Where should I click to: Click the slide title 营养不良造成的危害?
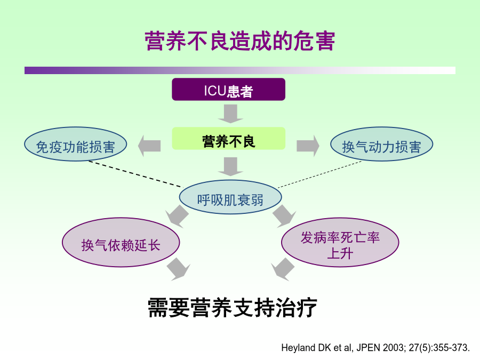[x=240, y=41]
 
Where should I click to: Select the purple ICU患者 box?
[x=228, y=90]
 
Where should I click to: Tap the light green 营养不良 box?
[x=229, y=139]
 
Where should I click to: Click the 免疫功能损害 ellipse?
[x=76, y=144]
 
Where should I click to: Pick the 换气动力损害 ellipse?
[x=381, y=144]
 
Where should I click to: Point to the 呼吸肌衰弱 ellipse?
[x=230, y=197]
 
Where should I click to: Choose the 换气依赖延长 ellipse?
[x=121, y=243]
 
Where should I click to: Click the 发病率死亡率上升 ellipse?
[x=340, y=243]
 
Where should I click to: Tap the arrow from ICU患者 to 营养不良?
[x=230, y=114]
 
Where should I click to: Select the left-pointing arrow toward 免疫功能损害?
[x=149, y=146]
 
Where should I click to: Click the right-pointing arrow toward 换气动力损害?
[x=308, y=146]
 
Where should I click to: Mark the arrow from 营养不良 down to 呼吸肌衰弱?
[x=230, y=167]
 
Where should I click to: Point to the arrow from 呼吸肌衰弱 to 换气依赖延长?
[x=178, y=216]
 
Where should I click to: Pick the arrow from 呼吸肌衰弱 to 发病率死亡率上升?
[x=284, y=216]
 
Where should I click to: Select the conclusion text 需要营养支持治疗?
[x=232, y=308]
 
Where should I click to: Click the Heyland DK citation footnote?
[x=375, y=348]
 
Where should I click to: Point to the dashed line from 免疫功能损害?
[x=135, y=174]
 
